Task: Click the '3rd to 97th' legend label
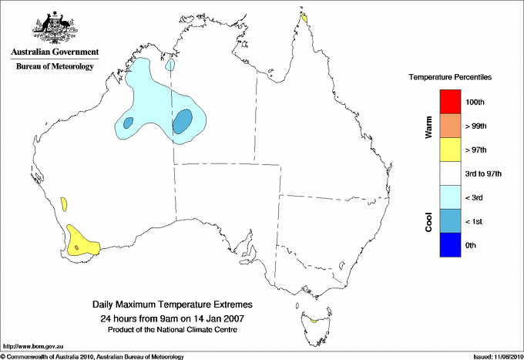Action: click(484, 174)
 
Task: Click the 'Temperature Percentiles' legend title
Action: click(450, 78)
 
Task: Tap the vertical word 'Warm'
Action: click(428, 126)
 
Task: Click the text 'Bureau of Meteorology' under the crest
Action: click(55, 66)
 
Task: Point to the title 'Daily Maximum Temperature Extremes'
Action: click(172, 306)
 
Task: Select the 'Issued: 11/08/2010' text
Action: click(497, 356)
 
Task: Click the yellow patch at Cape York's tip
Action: click(305, 17)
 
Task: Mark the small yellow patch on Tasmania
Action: click(314, 320)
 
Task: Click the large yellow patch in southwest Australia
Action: click(82, 241)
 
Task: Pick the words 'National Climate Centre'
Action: click(196, 330)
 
